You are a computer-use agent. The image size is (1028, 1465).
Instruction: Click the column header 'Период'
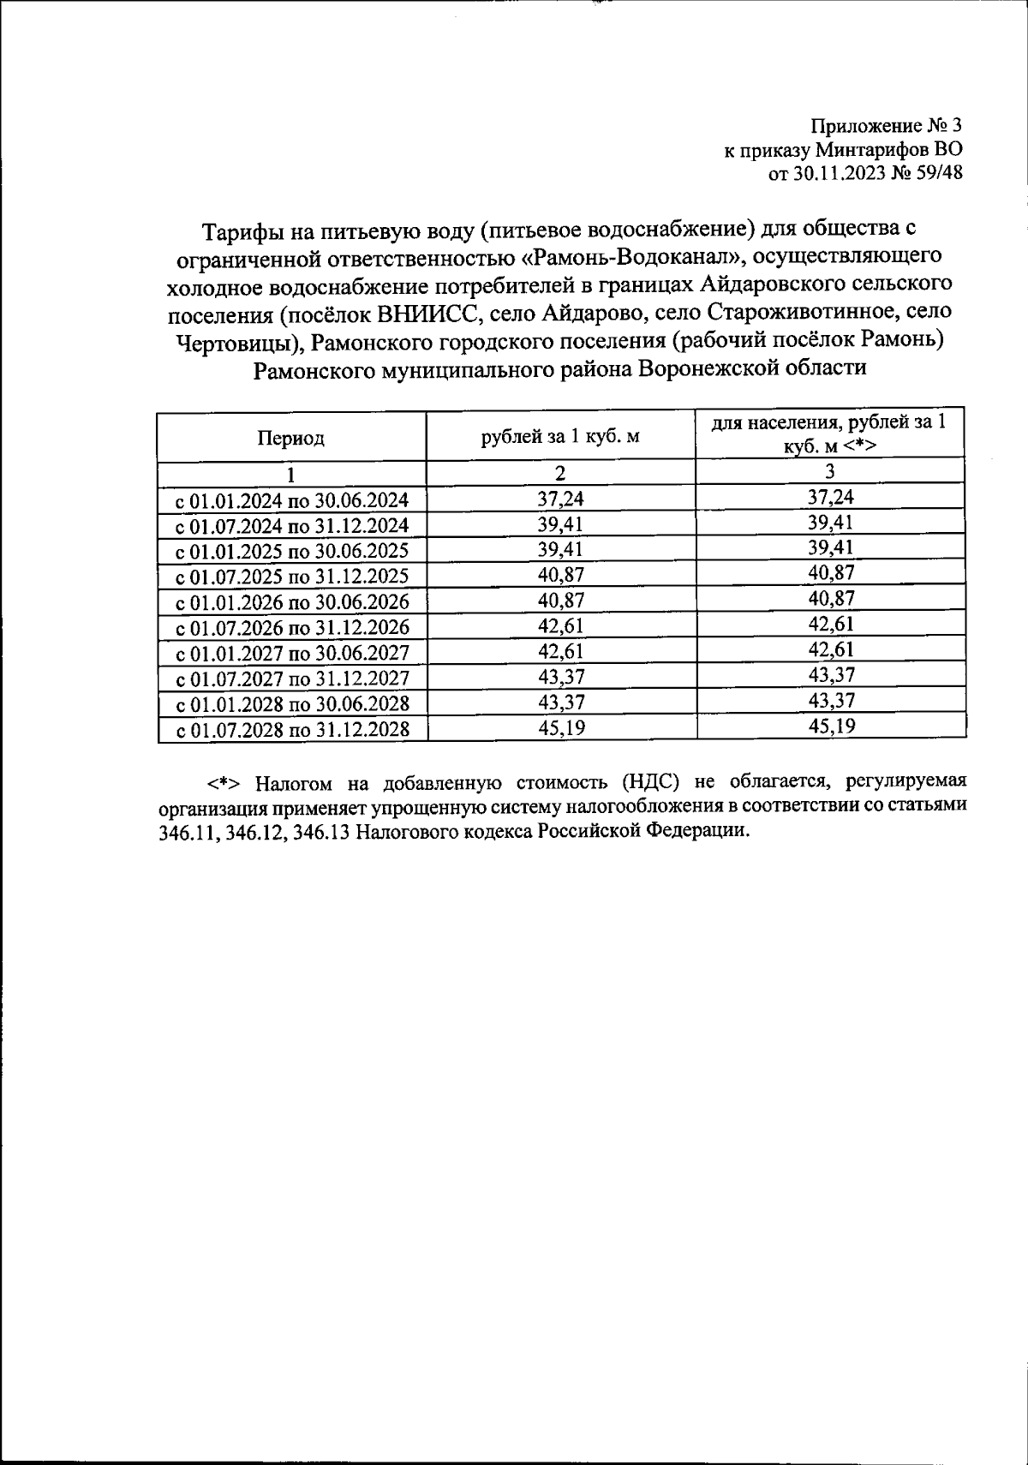coord(291,439)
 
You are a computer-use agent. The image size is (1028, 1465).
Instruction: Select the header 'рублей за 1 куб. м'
coord(560,437)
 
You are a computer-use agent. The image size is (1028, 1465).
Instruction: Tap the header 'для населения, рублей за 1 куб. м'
coord(830,434)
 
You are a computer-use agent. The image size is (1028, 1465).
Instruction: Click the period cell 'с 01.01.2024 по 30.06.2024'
coord(292,500)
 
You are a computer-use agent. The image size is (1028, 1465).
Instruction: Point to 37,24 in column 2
coord(561,499)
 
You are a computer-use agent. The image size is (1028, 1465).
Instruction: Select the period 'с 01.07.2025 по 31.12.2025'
coord(292,577)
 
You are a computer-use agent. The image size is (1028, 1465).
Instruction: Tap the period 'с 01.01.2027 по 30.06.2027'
coord(292,654)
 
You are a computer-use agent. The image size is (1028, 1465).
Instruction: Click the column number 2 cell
coord(561,473)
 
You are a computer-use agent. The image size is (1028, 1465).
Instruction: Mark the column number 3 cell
coord(830,471)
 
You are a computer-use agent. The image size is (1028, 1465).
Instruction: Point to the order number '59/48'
coord(940,174)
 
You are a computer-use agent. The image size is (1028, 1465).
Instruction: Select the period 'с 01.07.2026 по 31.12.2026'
coord(292,628)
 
